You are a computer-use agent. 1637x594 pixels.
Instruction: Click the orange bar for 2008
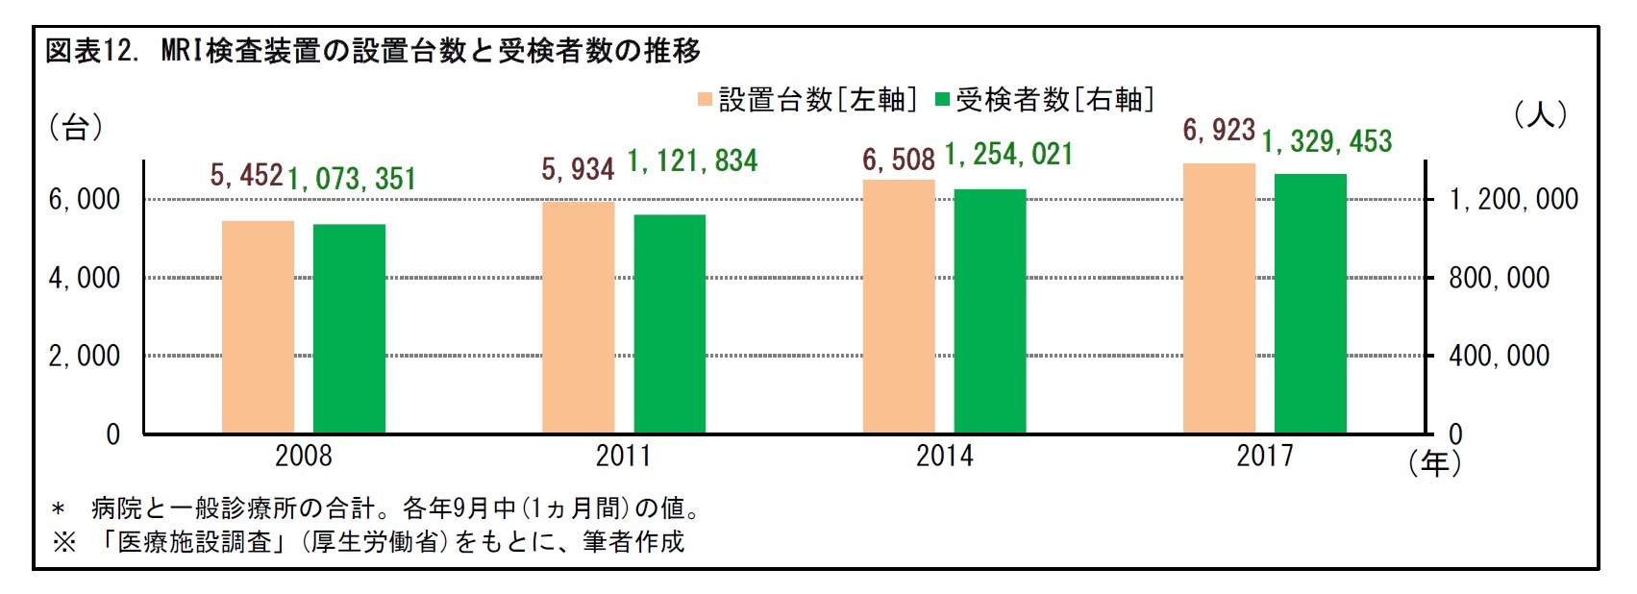pos(258,327)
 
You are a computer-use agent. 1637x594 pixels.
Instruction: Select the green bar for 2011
pos(669,324)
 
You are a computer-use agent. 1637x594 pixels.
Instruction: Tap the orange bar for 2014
pos(899,307)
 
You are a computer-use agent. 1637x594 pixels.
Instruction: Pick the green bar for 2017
pos(1310,304)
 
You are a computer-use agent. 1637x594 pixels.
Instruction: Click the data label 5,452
pos(246,175)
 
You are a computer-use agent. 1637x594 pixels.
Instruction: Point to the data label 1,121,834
pos(692,161)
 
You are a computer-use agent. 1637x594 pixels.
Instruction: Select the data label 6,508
pos(898,160)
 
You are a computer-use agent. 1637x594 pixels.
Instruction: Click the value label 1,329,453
pos(1327,142)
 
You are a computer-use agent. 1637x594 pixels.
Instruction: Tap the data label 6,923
pos(1219,130)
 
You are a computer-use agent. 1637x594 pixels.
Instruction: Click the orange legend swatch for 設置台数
pos(706,100)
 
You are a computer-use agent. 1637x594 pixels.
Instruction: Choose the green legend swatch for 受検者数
pos(942,100)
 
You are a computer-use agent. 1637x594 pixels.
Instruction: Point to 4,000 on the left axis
pos(85,278)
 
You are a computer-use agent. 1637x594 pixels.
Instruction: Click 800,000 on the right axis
pos(1499,278)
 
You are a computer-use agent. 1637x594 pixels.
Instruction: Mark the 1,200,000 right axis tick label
pos(1513,199)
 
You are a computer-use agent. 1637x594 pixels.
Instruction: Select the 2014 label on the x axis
pos(944,456)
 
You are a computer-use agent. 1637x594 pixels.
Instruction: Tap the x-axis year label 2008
pos(303,456)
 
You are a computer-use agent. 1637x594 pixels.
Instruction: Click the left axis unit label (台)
pos(75,127)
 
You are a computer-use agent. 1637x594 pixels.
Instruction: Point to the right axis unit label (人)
pos(1540,115)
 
